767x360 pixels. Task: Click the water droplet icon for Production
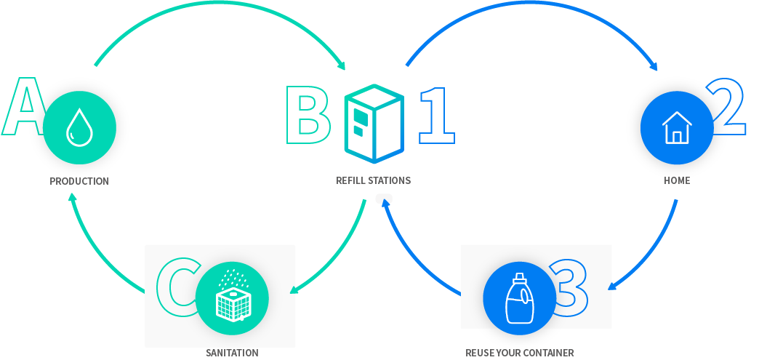(x=79, y=127)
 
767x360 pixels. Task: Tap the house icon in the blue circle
(x=677, y=127)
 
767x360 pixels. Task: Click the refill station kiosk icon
(x=374, y=123)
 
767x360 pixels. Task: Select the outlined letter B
(x=308, y=115)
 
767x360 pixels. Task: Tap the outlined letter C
(x=177, y=287)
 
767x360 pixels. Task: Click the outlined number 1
(x=438, y=116)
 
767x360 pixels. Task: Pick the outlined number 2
(x=726, y=106)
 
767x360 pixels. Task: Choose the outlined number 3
(x=569, y=287)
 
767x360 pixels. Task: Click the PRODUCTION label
(x=79, y=182)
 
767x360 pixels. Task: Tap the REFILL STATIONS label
(x=373, y=180)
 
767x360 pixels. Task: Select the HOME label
(x=677, y=180)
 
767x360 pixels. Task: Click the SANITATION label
(x=232, y=353)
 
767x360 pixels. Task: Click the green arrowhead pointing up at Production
(x=72, y=197)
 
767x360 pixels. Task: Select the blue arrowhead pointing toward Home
(x=653, y=66)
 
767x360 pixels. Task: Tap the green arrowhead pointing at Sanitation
(x=294, y=289)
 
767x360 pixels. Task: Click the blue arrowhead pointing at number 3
(x=612, y=286)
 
